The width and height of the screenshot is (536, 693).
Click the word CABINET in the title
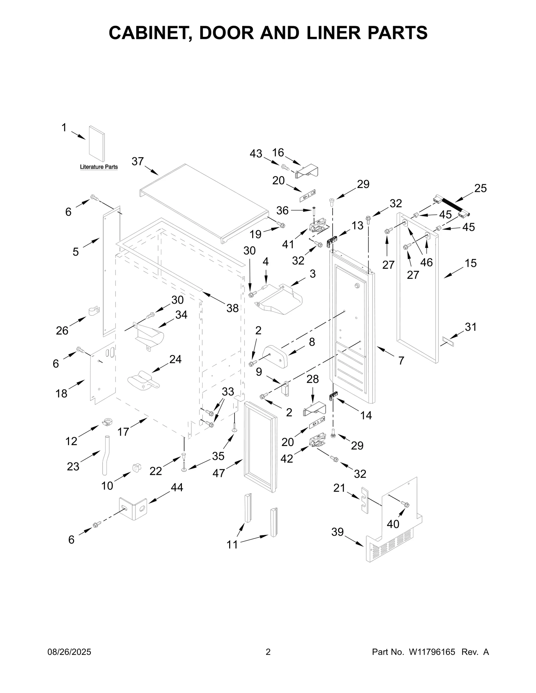point(150,33)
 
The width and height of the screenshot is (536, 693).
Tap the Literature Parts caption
point(99,167)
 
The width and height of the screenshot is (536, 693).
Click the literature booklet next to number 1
point(97,144)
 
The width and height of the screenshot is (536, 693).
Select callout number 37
point(137,162)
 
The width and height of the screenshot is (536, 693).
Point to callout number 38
point(232,308)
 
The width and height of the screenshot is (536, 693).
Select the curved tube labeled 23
point(106,454)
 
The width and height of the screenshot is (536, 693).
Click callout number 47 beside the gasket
point(218,473)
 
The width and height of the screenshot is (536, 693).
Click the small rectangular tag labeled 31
point(448,342)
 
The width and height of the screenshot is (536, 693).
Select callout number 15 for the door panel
point(471,263)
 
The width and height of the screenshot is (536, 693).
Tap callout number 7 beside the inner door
point(401,361)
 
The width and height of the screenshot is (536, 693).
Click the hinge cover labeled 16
point(307,171)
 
